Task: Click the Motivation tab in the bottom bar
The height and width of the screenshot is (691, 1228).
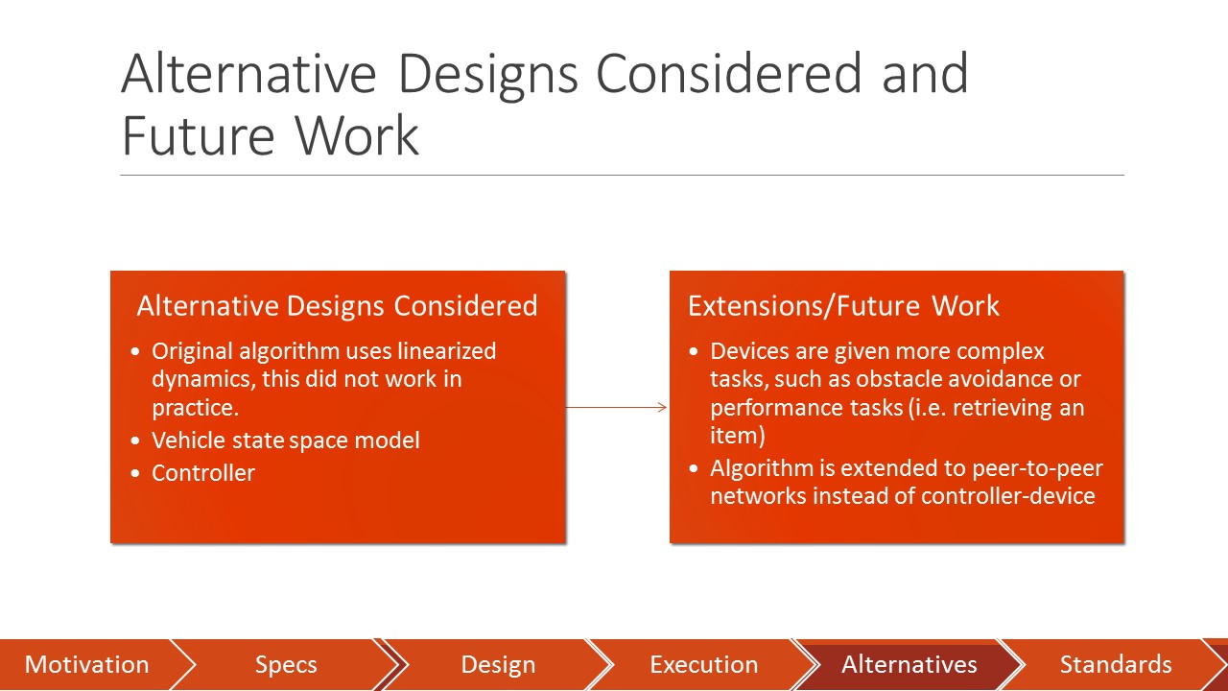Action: (x=86, y=664)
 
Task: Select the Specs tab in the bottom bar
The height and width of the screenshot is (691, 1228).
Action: (x=286, y=664)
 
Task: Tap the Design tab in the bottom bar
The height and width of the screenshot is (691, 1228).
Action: (x=497, y=664)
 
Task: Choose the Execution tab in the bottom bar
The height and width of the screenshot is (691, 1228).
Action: (x=703, y=664)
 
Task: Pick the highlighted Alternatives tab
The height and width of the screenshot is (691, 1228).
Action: (x=909, y=664)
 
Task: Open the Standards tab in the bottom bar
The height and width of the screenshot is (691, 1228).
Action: (x=1115, y=664)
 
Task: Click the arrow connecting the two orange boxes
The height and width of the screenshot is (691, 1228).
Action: (x=617, y=408)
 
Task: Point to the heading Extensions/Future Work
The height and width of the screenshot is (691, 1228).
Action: (x=843, y=306)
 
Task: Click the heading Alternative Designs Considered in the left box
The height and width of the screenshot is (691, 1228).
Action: (x=337, y=306)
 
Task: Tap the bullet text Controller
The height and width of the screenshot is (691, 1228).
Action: (x=203, y=473)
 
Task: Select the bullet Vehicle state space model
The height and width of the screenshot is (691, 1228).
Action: (x=286, y=441)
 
